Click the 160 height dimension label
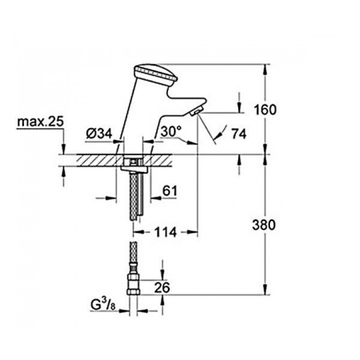265,110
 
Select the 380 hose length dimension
264,225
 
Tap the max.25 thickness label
41,122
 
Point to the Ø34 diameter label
99,133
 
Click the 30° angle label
171,131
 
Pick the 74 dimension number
239,134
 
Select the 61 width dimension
170,191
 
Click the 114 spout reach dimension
165,232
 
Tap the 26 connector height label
162,288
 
